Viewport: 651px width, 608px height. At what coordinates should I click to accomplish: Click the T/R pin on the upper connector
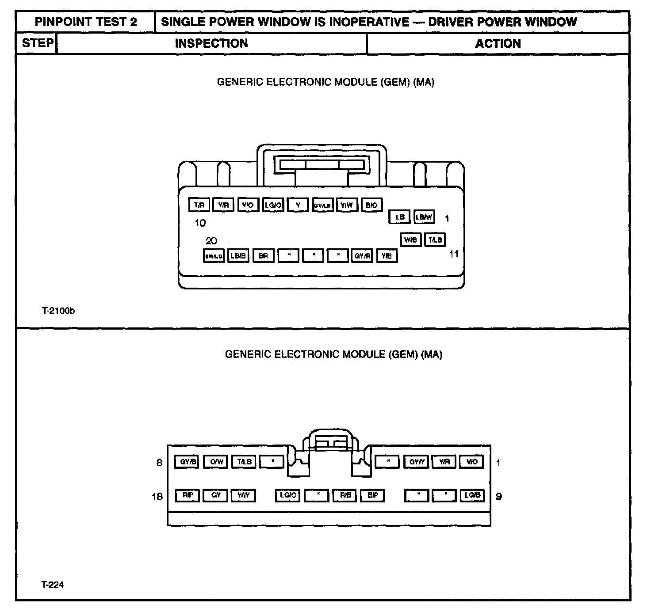click(199, 205)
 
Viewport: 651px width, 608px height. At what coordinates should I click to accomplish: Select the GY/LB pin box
click(322, 205)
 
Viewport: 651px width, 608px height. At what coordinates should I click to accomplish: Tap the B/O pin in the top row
click(371, 205)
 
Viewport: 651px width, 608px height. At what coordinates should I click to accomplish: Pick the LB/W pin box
click(424, 217)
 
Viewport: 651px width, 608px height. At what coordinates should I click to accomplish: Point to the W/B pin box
click(410, 239)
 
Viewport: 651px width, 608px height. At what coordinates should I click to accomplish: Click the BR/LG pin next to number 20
click(214, 256)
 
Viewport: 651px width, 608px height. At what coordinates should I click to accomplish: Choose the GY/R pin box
click(362, 256)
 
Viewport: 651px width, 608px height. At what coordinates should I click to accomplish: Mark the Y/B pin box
click(387, 256)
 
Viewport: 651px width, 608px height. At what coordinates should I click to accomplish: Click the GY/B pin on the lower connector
click(188, 462)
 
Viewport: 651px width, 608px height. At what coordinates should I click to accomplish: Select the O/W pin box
click(216, 462)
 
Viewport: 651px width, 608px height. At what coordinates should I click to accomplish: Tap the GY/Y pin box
click(417, 462)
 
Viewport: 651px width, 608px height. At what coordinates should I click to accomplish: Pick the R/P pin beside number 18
click(188, 495)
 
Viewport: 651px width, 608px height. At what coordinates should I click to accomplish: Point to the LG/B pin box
click(472, 495)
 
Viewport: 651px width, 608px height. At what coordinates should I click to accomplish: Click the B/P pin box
click(372, 495)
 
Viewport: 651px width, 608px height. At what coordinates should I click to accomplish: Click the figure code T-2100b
click(58, 311)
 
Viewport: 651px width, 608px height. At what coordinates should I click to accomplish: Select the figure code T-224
click(53, 585)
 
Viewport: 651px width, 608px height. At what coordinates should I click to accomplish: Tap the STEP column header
click(38, 43)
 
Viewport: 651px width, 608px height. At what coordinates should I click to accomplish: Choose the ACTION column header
click(498, 44)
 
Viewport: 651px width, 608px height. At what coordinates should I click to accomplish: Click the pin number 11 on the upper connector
click(454, 254)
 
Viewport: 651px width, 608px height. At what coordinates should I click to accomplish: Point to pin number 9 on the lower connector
click(499, 496)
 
